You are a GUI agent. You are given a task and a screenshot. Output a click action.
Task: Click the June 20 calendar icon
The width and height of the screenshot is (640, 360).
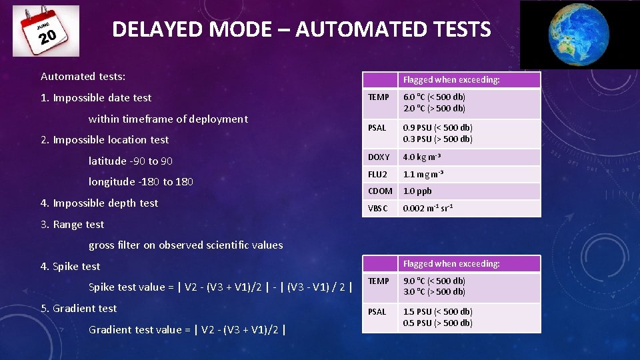point(45,31)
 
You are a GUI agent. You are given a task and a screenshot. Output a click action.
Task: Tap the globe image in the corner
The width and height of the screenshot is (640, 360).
point(579,34)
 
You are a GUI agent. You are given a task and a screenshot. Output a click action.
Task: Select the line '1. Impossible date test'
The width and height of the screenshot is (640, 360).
point(96,98)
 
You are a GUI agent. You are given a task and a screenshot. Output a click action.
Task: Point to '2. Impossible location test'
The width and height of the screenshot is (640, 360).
point(105,140)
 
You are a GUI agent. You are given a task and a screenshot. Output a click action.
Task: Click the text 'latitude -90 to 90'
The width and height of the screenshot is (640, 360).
point(131,161)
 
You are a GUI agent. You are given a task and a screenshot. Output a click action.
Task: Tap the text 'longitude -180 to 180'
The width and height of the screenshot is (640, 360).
point(141,182)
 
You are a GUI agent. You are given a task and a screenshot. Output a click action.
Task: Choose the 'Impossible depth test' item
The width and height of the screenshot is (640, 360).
point(99,203)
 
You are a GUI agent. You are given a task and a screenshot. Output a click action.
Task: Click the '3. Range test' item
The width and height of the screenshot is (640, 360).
point(72,225)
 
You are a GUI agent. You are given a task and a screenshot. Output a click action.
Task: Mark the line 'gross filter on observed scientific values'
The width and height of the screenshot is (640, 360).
point(185,245)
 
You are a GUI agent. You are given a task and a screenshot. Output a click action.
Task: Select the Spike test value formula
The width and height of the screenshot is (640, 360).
point(220,287)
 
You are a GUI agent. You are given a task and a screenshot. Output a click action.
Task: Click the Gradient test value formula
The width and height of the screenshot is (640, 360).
point(187,329)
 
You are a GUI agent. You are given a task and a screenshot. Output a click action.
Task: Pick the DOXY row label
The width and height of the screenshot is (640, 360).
point(379,157)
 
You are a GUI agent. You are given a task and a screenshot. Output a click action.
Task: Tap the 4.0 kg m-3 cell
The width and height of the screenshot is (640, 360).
point(421,157)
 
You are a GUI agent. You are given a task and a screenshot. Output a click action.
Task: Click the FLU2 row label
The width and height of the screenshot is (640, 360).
point(377,175)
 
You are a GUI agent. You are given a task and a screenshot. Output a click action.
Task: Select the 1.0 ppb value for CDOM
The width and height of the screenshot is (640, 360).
point(417,191)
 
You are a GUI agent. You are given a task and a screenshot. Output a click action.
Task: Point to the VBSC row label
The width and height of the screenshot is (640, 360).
point(377,208)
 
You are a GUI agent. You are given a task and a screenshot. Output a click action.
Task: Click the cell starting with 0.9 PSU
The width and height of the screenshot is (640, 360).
point(437,133)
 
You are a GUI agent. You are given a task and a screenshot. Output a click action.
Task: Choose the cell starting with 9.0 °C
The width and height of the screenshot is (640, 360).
point(434,287)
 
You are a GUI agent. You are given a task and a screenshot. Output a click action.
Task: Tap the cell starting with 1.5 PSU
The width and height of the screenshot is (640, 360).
point(437,317)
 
